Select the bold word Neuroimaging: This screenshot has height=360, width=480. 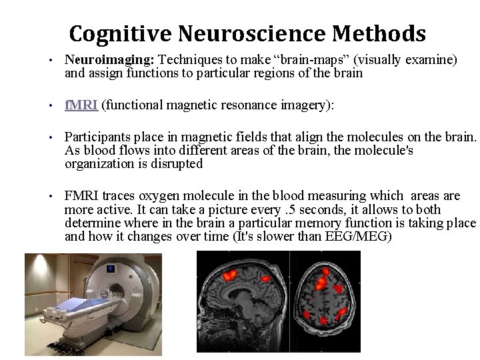coord(109,61)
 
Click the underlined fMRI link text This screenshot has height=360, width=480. coord(81,105)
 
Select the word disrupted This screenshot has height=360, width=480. coord(175,163)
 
